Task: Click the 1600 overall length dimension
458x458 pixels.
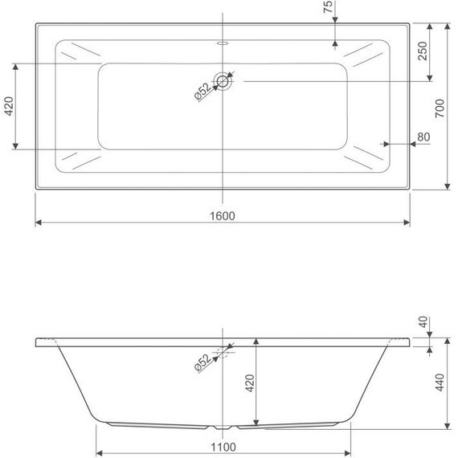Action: click(223, 216)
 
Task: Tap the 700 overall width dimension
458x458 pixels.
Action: click(440, 108)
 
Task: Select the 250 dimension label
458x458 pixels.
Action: click(423, 51)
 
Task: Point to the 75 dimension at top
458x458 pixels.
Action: click(328, 6)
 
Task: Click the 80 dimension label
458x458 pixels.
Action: click(423, 137)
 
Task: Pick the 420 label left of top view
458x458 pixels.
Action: click(9, 106)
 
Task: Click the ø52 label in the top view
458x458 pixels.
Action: click(202, 92)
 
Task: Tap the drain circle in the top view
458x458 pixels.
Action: click(223, 81)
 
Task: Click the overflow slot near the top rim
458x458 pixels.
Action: click(223, 43)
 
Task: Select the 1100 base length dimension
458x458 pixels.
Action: click(223, 448)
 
